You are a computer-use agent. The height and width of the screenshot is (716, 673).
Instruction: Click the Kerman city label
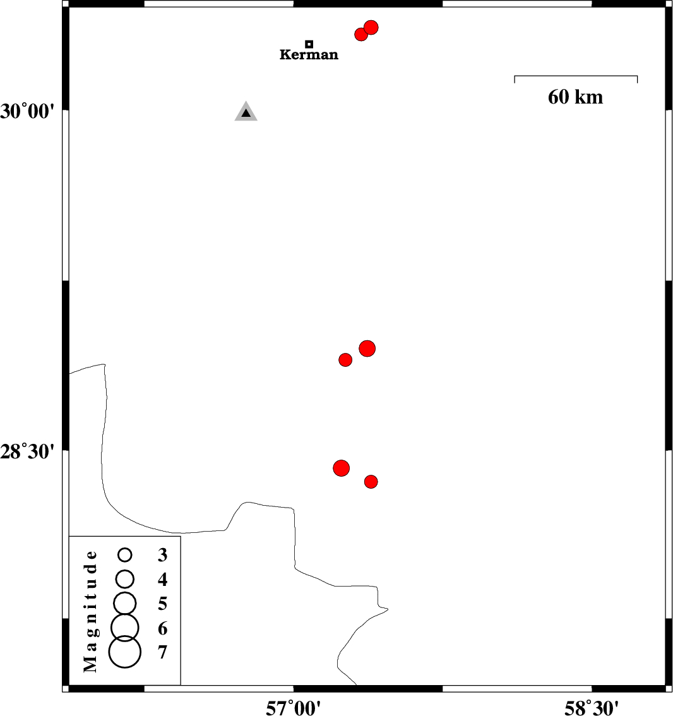[x=309, y=55]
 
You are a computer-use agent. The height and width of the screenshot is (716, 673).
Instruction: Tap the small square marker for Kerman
[x=309, y=44]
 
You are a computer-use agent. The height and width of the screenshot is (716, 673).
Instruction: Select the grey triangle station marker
[x=246, y=112]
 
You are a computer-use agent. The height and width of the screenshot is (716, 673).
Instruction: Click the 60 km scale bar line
[x=576, y=76]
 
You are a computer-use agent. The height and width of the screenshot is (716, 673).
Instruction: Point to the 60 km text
[x=575, y=97]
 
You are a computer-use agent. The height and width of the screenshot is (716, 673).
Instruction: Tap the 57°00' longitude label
[x=293, y=708]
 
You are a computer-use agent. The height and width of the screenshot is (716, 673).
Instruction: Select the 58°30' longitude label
[x=592, y=708]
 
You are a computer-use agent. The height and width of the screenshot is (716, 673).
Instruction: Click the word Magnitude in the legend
[x=92, y=611]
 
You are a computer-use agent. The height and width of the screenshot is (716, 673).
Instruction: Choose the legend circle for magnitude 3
[x=125, y=555]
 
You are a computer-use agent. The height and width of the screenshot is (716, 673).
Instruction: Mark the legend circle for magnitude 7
[x=124, y=652]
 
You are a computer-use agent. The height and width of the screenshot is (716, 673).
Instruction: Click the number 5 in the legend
[x=162, y=604]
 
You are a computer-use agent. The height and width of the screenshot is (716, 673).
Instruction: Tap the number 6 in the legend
[x=162, y=629]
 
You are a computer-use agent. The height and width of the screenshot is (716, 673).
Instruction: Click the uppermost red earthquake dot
[x=371, y=28]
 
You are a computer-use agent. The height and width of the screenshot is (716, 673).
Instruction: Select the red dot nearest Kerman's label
[x=361, y=34]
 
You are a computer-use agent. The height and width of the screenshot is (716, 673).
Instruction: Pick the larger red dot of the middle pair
[x=367, y=348]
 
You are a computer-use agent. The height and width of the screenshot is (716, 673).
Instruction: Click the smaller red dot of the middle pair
[x=345, y=360]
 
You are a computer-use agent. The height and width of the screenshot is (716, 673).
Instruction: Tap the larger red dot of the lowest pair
[x=341, y=468]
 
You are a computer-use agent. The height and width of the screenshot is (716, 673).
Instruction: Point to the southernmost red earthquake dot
[x=371, y=482]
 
